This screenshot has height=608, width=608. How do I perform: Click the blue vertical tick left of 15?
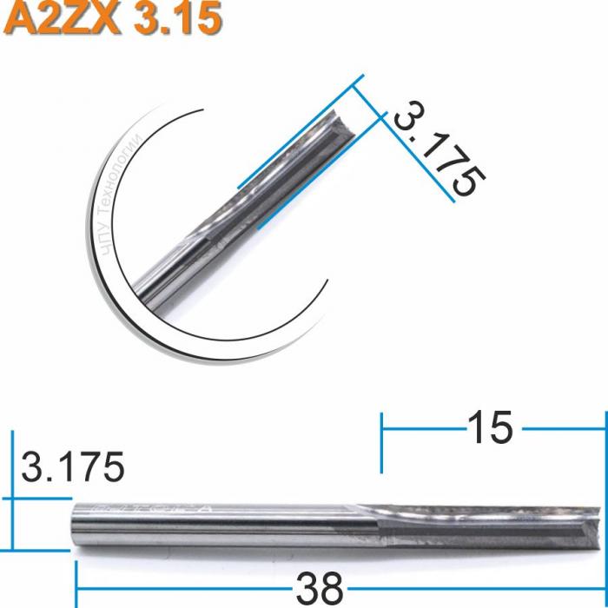(381, 443)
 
